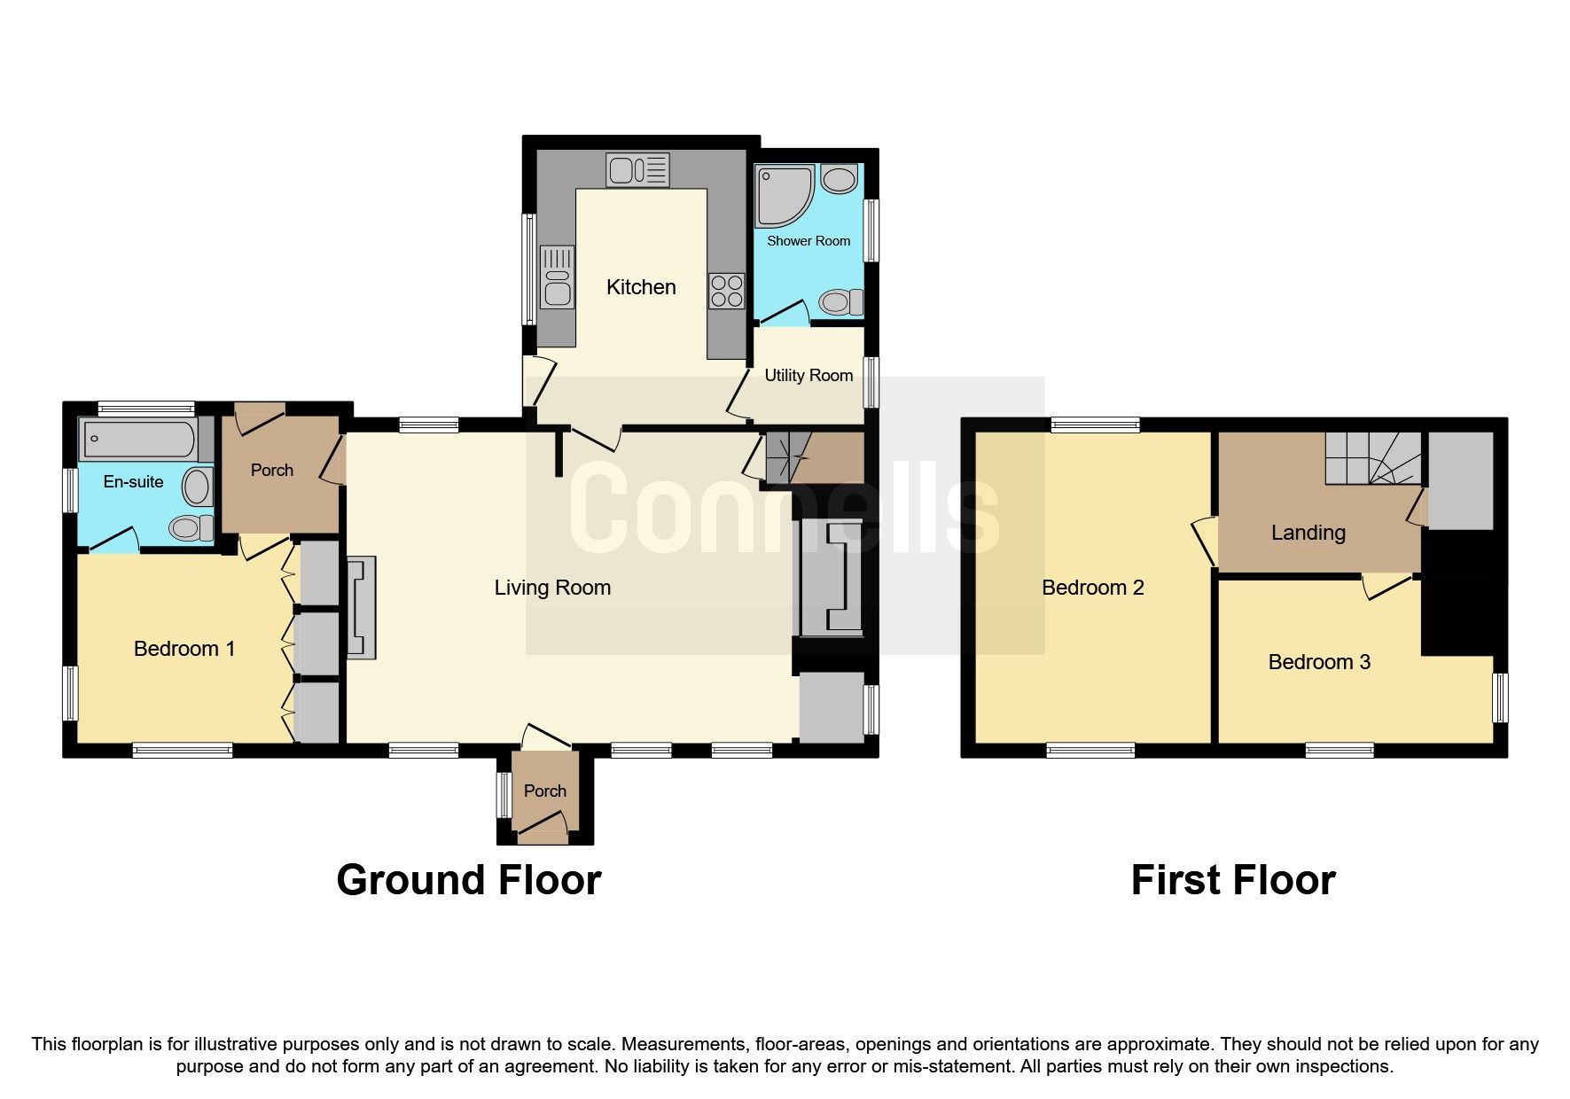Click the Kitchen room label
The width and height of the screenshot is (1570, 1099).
click(641, 287)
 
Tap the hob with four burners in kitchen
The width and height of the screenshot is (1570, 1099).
click(726, 291)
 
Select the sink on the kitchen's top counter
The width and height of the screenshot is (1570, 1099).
click(637, 170)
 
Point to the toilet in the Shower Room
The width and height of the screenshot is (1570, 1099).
click(841, 302)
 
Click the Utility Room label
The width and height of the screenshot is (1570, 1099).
click(808, 375)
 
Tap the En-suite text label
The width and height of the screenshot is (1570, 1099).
click(133, 481)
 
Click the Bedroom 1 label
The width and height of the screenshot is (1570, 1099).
click(184, 649)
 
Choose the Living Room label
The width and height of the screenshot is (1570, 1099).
click(552, 588)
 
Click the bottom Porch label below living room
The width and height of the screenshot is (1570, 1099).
click(544, 791)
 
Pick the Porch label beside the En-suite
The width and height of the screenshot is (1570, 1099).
click(271, 470)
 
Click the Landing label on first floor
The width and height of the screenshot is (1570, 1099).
click(1308, 533)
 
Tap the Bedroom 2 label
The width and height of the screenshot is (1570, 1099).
click(1092, 588)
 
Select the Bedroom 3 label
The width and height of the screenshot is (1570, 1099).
click(1319, 662)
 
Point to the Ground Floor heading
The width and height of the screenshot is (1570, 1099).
click(469, 880)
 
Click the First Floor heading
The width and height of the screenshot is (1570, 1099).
click(1232, 880)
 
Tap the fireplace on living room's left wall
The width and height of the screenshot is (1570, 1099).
click(361, 607)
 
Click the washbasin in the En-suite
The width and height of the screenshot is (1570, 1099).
click(197, 487)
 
